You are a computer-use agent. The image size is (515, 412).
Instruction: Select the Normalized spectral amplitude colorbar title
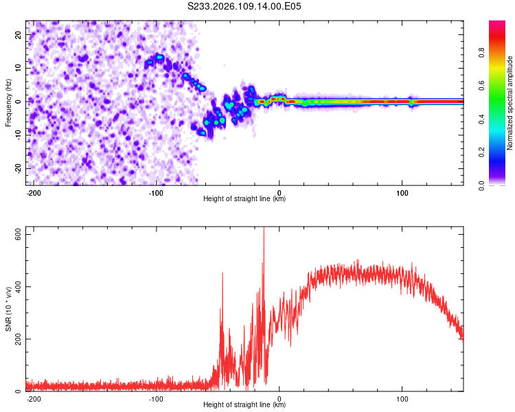click(x=510, y=103)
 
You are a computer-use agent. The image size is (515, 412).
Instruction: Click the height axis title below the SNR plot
click(x=244, y=405)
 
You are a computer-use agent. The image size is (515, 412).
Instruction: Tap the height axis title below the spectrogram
click(x=244, y=199)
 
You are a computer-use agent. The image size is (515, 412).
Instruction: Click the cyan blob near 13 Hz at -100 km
click(x=159, y=57)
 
